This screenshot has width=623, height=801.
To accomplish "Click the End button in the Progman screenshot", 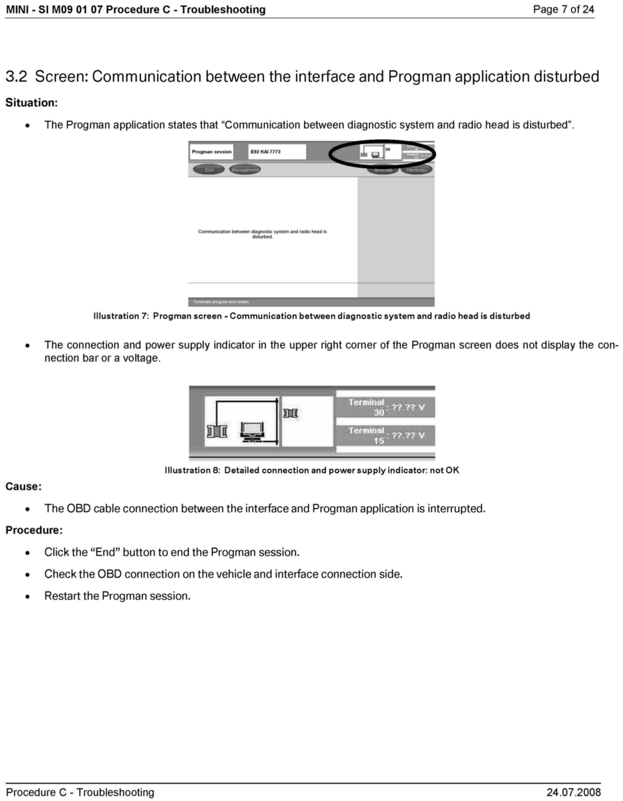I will pyautogui.click(x=209, y=170).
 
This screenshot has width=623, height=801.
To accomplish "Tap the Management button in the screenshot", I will pyautogui.click(x=245, y=170).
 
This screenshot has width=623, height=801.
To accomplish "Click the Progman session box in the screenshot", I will pyautogui.click(x=212, y=152).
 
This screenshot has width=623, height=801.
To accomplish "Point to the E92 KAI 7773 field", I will pyautogui.click(x=277, y=152).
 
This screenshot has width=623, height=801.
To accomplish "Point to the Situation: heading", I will pyautogui.click(x=32, y=103).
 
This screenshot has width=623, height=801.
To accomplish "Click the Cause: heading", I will pyautogui.click(x=23, y=487).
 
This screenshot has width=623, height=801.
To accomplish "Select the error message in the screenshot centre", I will pyautogui.click(x=262, y=234).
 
